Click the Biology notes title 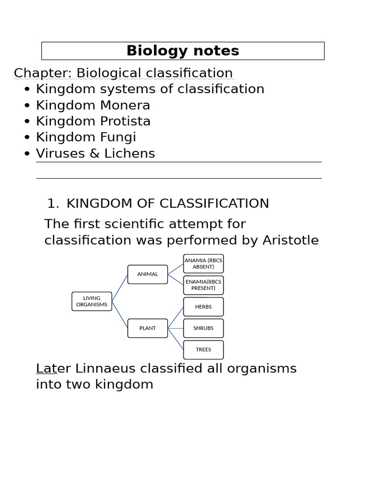coord(183,51)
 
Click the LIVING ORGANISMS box coord(92,301)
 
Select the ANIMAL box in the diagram coord(148,275)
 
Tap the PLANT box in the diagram coord(148,328)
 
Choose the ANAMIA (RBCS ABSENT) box coord(203,264)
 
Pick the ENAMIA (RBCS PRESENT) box coord(203,285)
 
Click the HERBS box coord(203,307)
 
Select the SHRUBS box coord(203,328)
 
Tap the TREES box coord(203,350)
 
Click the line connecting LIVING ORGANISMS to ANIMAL coord(120,288)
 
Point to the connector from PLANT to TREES coord(175,339)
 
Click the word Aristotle coord(291,240)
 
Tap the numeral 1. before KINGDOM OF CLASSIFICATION coord(53,203)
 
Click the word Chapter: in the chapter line coord(43,74)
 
